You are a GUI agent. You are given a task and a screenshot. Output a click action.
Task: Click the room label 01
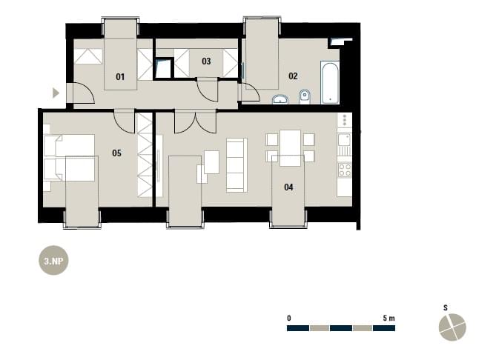pyautogui.click(x=120, y=77)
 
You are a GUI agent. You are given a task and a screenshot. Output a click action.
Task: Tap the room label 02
pyautogui.click(x=293, y=76)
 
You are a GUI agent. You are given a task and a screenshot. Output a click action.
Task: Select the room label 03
pyautogui.click(x=206, y=61)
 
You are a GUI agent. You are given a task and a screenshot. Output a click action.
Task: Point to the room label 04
pyautogui.click(x=288, y=187)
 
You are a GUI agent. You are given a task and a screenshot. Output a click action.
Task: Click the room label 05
pyautogui.click(x=116, y=153)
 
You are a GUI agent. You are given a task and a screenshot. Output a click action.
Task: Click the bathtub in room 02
pyautogui.click(x=330, y=82)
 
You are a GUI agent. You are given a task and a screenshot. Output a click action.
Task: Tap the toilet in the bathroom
pyautogui.click(x=305, y=97)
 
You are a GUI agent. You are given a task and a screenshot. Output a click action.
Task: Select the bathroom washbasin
pyautogui.click(x=280, y=99)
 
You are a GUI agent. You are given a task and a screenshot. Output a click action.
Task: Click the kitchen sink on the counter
pyautogui.click(x=345, y=139)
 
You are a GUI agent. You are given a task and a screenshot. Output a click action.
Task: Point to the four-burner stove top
pyautogui.click(x=345, y=170)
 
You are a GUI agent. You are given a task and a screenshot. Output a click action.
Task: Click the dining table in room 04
pyautogui.click(x=290, y=148)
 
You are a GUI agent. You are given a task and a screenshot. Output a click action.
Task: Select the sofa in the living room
pyautogui.click(x=237, y=165)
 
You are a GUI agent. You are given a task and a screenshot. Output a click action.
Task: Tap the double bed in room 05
pyautogui.click(x=70, y=158)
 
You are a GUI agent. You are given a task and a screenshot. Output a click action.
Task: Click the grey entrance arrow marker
pyautogui.click(x=56, y=93)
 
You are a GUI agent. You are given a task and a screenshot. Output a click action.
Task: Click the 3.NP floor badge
pyautogui.click(x=53, y=261)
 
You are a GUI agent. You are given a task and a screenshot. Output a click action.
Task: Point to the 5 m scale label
pyautogui.click(x=388, y=319)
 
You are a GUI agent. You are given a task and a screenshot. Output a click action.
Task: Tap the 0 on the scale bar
pyautogui.click(x=289, y=319)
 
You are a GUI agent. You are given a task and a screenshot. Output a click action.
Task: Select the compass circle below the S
pyautogui.click(x=452, y=327)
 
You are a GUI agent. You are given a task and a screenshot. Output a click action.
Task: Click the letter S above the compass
pyautogui.click(x=446, y=307)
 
